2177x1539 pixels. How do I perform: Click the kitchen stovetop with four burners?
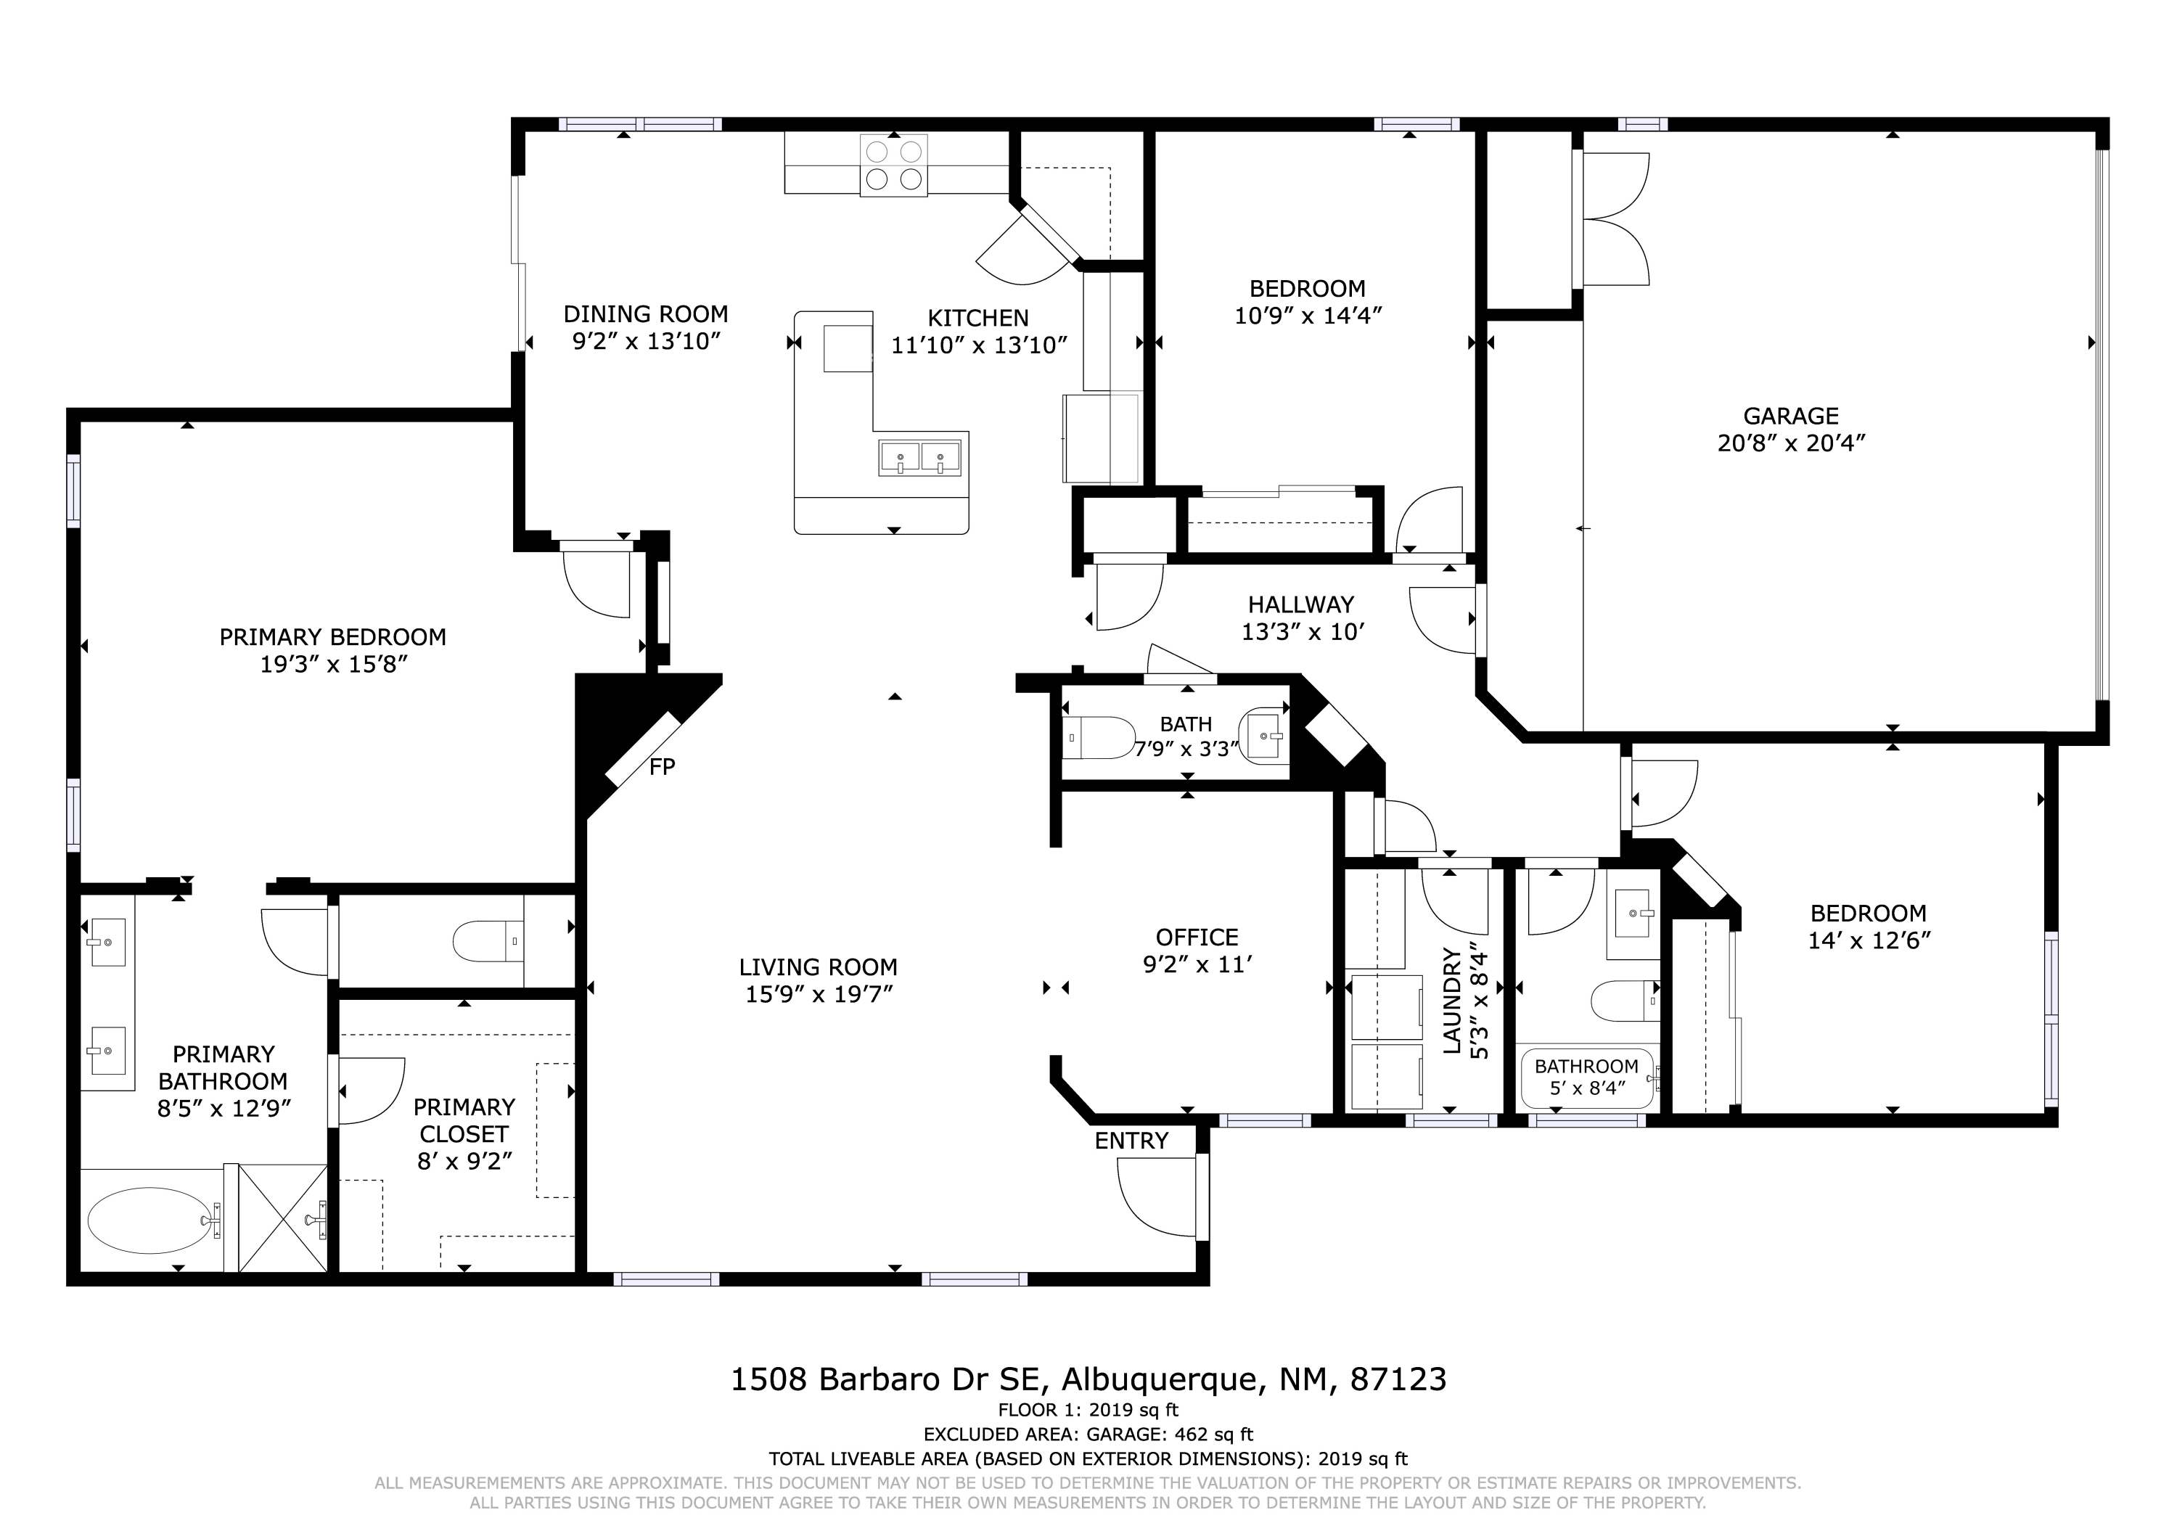tap(893, 165)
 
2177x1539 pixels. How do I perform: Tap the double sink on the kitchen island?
tap(919, 458)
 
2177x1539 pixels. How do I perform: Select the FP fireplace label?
tap(662, 767)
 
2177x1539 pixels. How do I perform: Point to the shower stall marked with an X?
tap(282, 1218)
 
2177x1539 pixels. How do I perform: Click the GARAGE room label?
tap(1791, 415)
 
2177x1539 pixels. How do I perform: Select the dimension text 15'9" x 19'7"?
tap(819, 995)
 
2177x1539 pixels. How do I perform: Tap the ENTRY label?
tap(1131, 1141)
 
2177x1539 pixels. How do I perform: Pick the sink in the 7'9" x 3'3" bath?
tap(1264, 735)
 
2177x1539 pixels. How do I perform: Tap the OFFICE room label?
tap(1197, 937)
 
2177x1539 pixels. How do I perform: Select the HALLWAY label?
tap(1301, 604)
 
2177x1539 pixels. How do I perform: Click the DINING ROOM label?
tap(646, 314)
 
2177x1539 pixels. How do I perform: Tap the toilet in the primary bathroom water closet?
tap(488, 942)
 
